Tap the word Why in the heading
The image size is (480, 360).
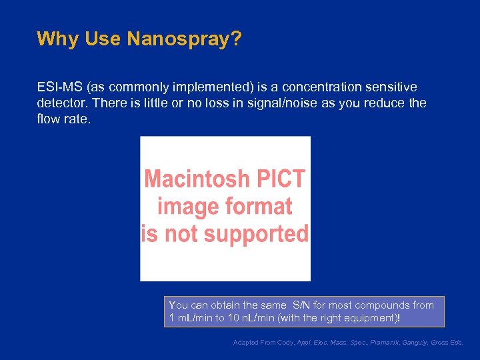pos(58,39)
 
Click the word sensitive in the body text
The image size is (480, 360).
pos(389,87)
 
